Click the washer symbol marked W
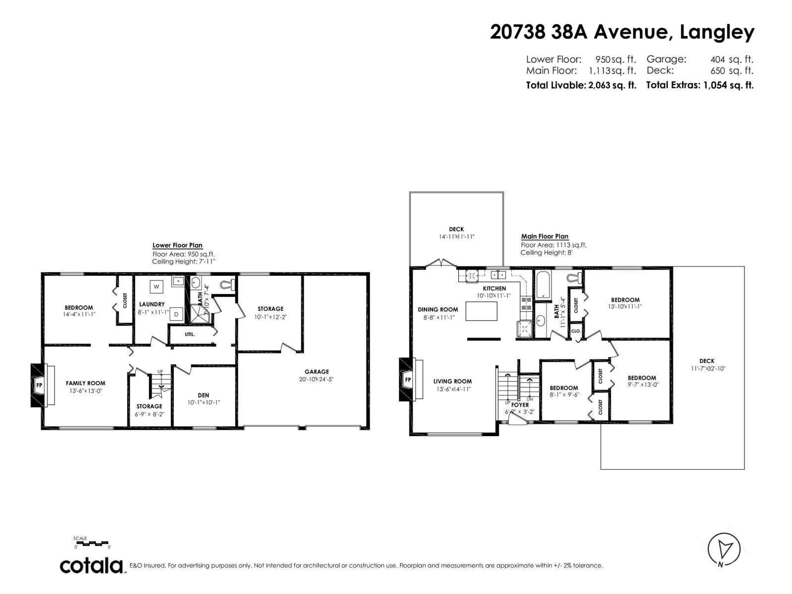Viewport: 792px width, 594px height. point(157,286)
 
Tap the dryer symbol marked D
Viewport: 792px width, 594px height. point(176,314)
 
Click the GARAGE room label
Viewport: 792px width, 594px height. point(317,372)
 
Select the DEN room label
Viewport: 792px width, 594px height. point(203,395)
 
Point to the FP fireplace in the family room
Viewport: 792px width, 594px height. point(39,385)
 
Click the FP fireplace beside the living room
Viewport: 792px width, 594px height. point(408,380)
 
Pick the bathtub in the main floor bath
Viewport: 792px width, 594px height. point(544,285)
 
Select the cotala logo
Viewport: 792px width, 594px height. point(92,565)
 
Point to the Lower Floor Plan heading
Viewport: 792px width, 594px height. point(177,246)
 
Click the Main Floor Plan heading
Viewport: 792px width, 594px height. point(544,237)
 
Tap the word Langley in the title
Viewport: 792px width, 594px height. point(717,32)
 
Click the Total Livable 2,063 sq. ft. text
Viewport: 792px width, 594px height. point(581,85)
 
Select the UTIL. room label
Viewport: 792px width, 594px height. point(190,334)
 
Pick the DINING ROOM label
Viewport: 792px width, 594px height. point(438,310)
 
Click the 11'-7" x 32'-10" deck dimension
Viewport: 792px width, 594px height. point(707,369)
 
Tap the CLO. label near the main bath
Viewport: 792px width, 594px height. point(576,331)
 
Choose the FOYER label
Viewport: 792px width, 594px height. point(520,405)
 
